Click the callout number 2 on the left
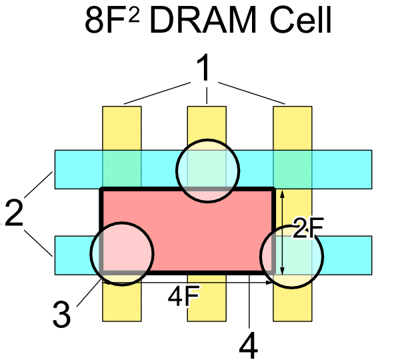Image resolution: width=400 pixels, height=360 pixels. pyautogui.click(x=15, y=215)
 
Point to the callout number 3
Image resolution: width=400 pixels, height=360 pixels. pyautogui.click(x=61, y=314)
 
